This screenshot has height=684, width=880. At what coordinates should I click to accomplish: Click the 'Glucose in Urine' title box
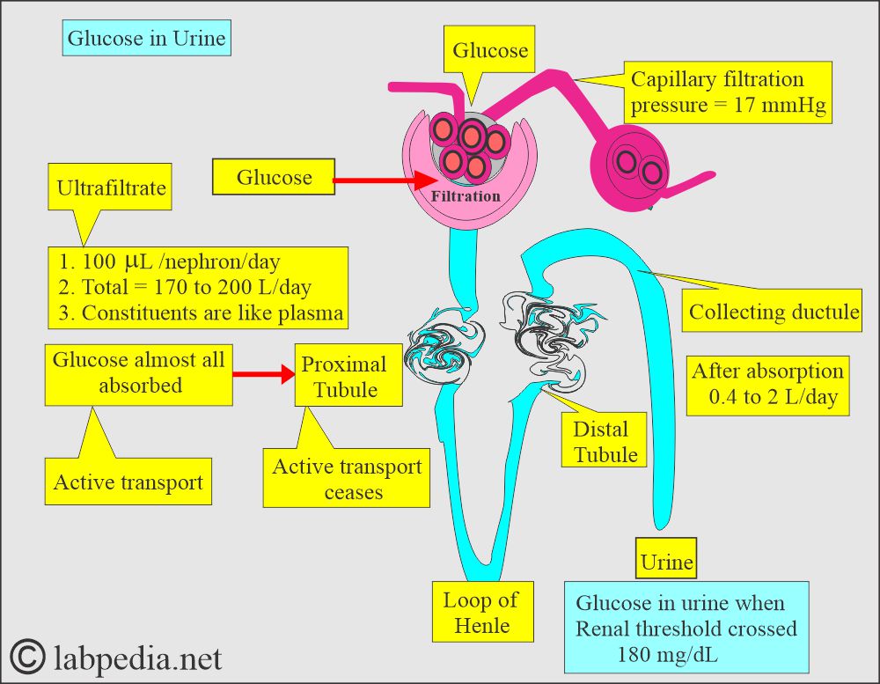point(147,39)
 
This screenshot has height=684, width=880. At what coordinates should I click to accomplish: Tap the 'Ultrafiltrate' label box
point(111,188)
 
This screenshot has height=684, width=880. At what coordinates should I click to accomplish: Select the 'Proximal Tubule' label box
point(344,376)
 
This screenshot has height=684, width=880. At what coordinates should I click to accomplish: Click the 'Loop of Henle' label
point(480,613)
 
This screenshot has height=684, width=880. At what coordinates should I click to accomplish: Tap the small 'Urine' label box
point(666,562)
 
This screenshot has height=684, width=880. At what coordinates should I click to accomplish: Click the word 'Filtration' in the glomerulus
point(466,196)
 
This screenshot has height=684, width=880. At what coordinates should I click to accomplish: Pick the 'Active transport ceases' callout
point(347,479)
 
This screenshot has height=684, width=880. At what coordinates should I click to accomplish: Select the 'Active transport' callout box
point(128,482)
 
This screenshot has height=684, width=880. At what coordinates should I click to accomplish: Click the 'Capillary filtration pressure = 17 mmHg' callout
point(729,93)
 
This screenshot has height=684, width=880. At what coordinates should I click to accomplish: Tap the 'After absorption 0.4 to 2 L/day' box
point(767,384)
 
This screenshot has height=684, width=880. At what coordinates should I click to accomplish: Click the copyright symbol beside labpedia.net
point(29,657)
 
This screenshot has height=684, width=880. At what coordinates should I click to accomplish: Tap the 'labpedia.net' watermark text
point(139,658)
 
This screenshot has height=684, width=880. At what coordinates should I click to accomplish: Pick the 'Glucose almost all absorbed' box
point(139,373)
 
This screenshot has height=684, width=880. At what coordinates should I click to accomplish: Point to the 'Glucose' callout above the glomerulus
point(490,51)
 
